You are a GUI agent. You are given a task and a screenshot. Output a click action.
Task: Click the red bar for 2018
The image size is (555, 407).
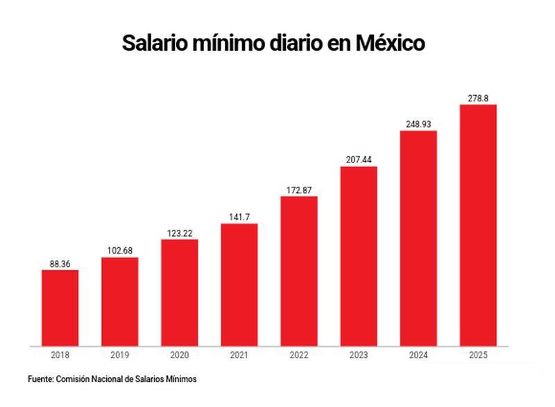point(60,307)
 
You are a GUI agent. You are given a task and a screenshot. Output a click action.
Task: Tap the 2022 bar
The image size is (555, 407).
point(299,271)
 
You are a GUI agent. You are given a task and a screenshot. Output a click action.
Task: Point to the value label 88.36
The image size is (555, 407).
point(60,264)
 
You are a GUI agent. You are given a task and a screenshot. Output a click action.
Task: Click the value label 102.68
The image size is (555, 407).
point(119,251)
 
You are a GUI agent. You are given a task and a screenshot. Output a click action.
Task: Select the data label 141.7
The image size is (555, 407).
point(239,217)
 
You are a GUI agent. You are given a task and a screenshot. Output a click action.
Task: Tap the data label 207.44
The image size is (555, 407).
point(359,160)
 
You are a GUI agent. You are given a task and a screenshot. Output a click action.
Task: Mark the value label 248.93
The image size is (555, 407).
point(418,124)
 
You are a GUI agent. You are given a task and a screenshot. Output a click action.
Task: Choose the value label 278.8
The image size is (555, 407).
point(478,99)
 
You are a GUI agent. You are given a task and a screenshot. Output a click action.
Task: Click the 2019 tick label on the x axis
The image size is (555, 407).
point(119,355)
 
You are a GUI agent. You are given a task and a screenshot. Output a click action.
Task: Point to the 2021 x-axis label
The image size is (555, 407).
point(239,355)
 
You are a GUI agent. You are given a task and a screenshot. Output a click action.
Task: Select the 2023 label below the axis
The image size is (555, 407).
point(359,355)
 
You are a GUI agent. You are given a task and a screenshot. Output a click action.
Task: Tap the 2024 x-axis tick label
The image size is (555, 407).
point(418,355)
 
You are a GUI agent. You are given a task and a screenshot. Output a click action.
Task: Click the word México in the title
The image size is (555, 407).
point(389,43)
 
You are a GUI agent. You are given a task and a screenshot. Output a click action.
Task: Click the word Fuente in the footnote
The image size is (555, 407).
point(40,379)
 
